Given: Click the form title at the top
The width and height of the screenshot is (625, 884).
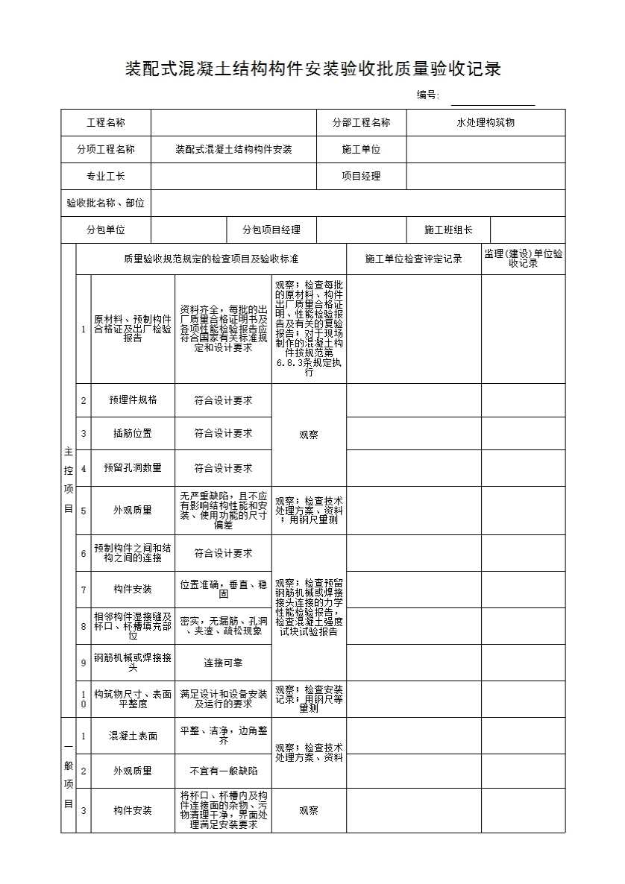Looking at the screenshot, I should (x=312, y=69).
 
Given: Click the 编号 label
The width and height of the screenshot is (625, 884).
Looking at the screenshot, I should (x=427, y=95).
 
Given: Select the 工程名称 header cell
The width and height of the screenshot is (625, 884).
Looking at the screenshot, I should (x=106, y=122).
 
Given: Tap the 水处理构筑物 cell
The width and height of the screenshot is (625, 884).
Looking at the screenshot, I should (x=486, y=122).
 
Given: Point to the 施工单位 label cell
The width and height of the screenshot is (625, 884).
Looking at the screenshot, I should (x=361, y=149).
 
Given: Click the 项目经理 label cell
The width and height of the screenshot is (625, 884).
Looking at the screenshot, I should (x=361, y=176).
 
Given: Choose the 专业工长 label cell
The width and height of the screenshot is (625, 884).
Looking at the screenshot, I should (x=106, y=176).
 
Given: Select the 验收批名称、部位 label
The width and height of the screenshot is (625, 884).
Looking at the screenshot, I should (x=106, y=203).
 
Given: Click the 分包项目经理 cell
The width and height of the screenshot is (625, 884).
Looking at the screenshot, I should (x=271, y=230).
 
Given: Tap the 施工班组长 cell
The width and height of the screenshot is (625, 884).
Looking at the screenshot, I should (x=447, y=230).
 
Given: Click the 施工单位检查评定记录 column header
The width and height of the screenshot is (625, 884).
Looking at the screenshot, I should (x=413, y=259).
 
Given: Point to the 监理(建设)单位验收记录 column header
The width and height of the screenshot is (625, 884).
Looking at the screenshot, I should (x=523, y=259).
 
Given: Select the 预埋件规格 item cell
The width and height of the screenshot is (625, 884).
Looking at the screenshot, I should (x=133, y=400).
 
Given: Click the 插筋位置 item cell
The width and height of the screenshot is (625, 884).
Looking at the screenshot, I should (x=133, y=433).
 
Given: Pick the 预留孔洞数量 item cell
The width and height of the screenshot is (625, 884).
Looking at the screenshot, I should (x=133, y=468).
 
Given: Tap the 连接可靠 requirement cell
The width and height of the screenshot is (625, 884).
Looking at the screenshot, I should (x=223, y=662).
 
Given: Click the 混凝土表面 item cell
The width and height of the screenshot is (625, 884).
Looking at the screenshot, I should (x=133, y=736).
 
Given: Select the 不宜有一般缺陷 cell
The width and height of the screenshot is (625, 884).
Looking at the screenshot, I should (x=223, y=771).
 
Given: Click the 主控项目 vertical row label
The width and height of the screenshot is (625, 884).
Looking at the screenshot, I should (x=68, y=480).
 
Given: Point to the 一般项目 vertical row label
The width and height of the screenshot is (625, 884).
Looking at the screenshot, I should (x=68, y=775).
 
